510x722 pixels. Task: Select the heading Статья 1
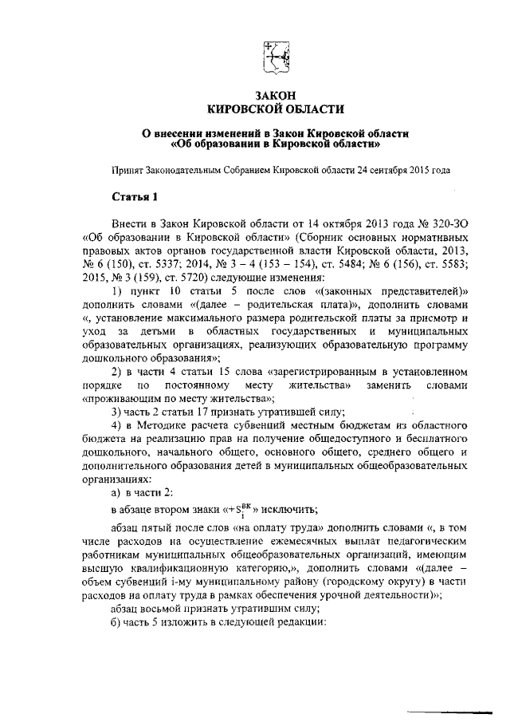[x=135, y=197]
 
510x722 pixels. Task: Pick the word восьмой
[x=169, y=608]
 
